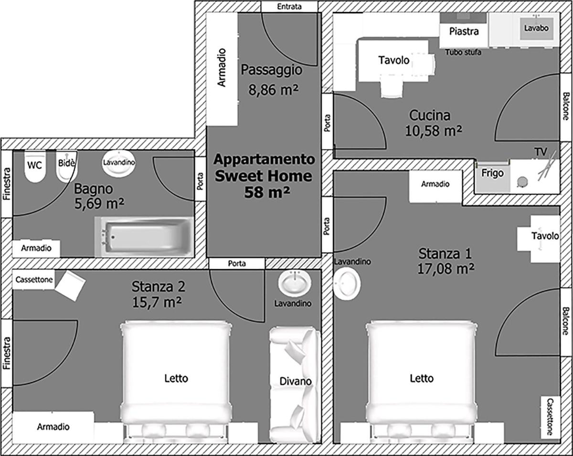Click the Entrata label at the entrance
289,7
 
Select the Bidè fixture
66,167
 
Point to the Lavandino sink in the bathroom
119,163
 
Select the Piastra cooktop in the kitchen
464,31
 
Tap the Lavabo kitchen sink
536,28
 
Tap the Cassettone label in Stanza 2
34,280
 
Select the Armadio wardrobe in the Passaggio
222,69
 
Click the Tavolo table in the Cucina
393,61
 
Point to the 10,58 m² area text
434,131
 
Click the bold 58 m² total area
267,192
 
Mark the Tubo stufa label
463,52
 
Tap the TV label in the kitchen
541,152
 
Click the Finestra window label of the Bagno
7,184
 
